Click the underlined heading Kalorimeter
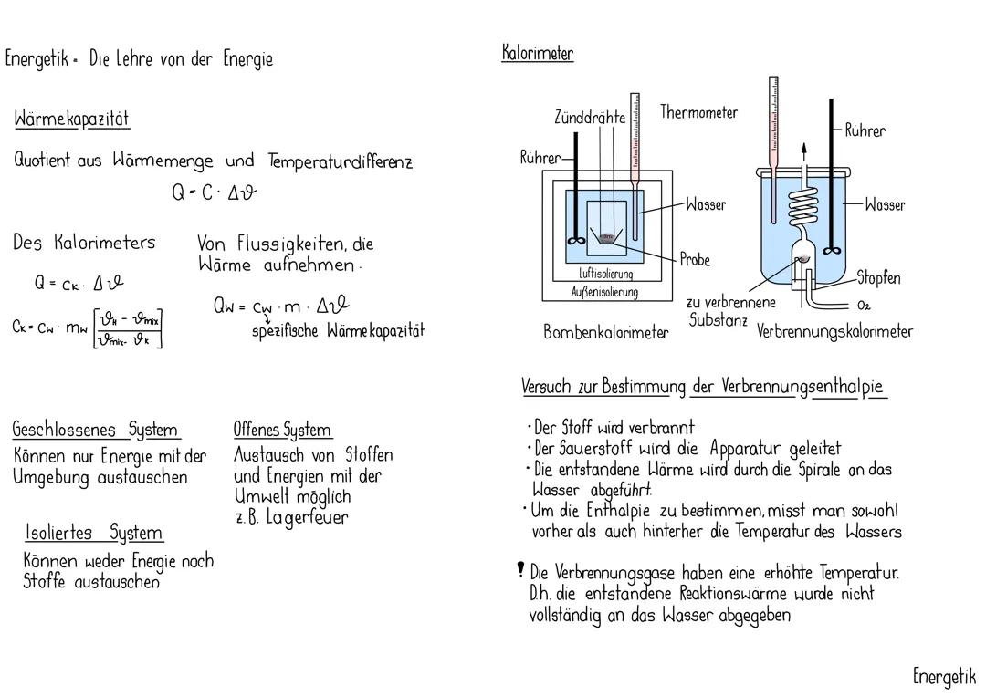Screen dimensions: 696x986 coord(538,53)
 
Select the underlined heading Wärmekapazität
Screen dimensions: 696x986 coord(72,119)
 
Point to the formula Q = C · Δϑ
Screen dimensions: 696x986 coord(215,193)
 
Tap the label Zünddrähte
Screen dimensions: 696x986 coord(590,118)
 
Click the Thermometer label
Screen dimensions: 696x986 coord(699,112)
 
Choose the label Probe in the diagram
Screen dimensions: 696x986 coord(695,260)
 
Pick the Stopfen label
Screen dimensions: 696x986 coord(878,277)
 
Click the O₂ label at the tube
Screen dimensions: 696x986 coord(865,305)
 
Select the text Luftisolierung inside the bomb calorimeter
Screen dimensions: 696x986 coord(606,274)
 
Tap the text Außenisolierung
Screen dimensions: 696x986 coord(606,292)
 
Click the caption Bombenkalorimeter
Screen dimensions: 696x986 coord(605,333)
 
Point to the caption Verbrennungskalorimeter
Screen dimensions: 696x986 coord(834,332)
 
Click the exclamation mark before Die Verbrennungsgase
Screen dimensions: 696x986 coord(520,571)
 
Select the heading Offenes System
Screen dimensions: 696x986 coord(283,430)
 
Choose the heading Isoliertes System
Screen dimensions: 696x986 coord(94,533)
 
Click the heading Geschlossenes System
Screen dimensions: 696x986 coord(96,430)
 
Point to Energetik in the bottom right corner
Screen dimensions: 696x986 coord(944,676)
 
